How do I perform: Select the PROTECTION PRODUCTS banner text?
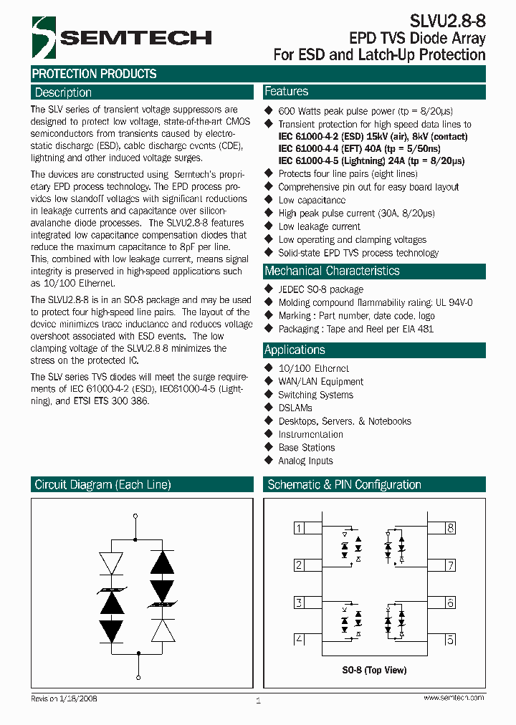(95, 74)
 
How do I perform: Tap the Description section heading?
(64, 92)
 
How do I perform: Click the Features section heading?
(287, 92)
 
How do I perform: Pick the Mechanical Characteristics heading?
(332, 271)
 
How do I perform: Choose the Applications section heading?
(295, 350)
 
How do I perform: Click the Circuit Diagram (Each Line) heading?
(103, 485)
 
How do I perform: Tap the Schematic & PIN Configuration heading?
(344, 485)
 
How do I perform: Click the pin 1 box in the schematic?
(299, 529)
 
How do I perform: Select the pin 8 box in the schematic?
(450, 529)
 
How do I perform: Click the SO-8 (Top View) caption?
(374, 670)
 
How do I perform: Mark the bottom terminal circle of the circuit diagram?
(137, 677)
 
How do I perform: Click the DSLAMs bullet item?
(295, 408)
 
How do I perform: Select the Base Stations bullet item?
(307, 448)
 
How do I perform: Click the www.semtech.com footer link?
(453, 698)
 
